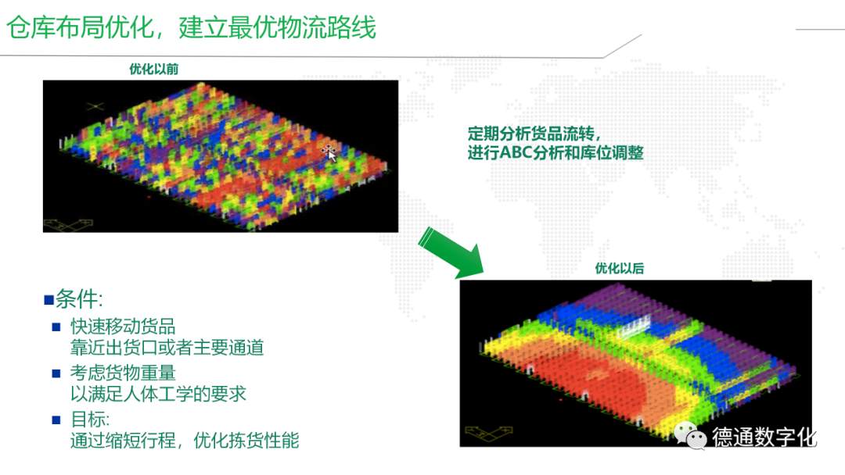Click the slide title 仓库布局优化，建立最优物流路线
coord(191,27)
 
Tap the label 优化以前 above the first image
coord(153,69)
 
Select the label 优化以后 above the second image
coord(619,269)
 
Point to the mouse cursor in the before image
coord(330,155)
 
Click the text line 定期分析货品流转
coord(534,133)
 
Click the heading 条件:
coord(79,298)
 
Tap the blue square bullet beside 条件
coord(49,300)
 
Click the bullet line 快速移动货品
coord(123,326)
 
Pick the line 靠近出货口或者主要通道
coord(167,348)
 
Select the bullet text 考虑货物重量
coord(123,373)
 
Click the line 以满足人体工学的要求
coord(158,394)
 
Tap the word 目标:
coord(90,419)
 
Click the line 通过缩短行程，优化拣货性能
coord(185,441)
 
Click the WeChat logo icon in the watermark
coord(690,436)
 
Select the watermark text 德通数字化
coord(764,437)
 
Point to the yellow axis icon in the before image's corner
coord(68,225)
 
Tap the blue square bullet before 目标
coord(56,420)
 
